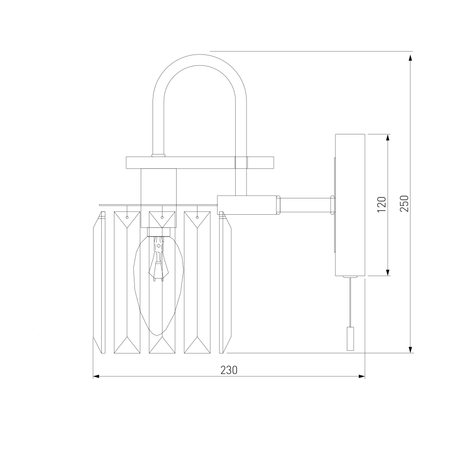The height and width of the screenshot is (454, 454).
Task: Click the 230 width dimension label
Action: (x=229, y=370)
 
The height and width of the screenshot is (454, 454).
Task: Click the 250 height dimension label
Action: (x=404, y=203)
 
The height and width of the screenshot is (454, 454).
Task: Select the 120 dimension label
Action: (x=382, y=204)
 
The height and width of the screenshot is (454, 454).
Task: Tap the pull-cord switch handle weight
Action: (x=350, y=339)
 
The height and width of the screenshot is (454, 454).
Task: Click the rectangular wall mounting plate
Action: (x=350, y=205)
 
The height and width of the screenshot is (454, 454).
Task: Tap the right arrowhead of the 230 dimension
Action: (x=362, y=376)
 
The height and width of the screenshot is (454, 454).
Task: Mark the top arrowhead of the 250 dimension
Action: (x=410, y=58)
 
